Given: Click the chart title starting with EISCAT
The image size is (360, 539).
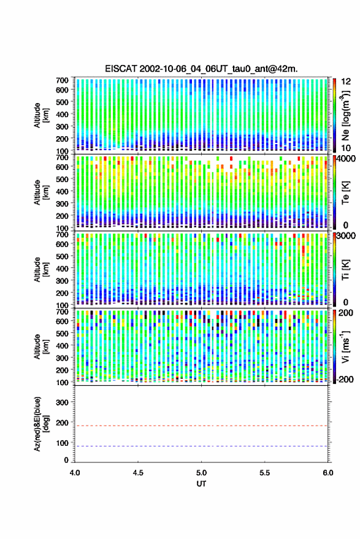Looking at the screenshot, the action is coord(201,69).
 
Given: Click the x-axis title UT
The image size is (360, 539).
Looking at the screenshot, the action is coord(201,484).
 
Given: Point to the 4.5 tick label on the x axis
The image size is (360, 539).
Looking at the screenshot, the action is coord(138,473).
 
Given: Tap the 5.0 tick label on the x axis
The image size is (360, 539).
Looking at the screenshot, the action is coord(201,473).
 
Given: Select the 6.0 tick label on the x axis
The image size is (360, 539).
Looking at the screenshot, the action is coord(327,473).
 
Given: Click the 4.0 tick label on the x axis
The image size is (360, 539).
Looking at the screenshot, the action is coord(75,473).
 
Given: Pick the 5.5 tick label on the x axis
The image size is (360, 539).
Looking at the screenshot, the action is coord(264,473).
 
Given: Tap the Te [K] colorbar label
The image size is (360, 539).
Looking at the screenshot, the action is coord(345,193).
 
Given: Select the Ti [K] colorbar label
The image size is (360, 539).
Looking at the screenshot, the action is coord(345,270).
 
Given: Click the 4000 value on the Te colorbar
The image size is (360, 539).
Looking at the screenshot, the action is coord(347,158).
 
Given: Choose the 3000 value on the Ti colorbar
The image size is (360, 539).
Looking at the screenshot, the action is coord(347,236).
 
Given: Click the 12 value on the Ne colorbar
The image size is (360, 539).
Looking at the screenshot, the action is coord(347,82).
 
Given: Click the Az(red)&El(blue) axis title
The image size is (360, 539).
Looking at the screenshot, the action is coord(40,424).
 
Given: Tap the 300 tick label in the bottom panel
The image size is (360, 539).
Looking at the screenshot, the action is coord(62,402).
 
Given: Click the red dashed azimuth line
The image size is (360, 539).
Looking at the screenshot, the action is coord(201,426).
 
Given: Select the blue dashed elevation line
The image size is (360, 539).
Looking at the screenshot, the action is coord(201,446).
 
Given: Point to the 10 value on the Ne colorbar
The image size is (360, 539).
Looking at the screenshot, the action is coord(347,148).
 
